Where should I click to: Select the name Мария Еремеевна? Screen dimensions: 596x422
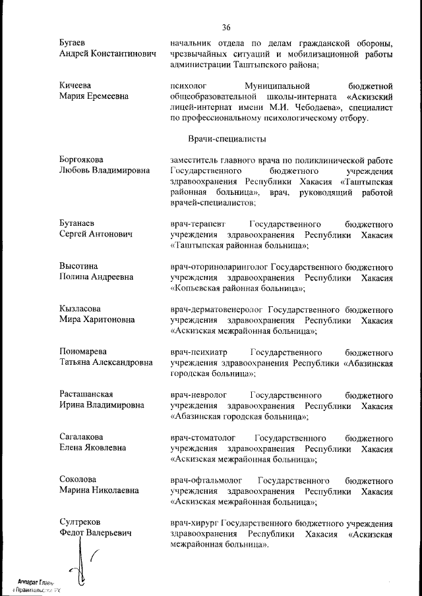coord(96,96)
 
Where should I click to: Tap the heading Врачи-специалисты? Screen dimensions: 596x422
coord(226,140)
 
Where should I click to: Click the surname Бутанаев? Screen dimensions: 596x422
coord(80,223)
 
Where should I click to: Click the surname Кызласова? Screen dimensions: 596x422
coord(82,308)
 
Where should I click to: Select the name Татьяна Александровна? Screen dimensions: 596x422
coord(105,362)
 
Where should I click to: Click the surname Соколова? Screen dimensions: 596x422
coord(78,480)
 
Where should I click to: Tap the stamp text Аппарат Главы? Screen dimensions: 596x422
coord(36,582)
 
